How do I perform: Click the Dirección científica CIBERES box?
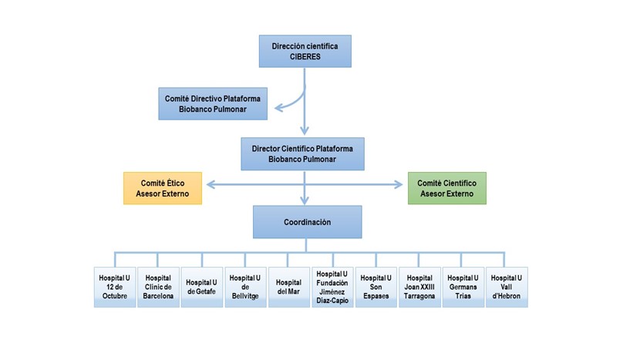click(305, 51)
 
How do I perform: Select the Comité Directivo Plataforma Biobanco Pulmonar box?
click(213, 103)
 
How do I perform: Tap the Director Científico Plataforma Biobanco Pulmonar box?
click(302, 154)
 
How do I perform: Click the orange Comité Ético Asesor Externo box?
click(163, 188)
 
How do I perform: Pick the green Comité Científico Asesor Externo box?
click(447, 188)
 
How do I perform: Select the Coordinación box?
click(308, 222)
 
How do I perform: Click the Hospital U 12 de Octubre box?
click(115, 287)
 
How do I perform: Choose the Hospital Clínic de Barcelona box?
click(158, 287)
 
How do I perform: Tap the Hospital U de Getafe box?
click(201, 287)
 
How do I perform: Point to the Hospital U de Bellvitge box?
click(245, 287)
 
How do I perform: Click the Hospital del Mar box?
click(288, 287)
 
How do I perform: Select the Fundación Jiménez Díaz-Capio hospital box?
click(332, 287)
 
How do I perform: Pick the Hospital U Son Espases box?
click(376, 287)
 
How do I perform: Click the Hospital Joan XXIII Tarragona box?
click(419, 287)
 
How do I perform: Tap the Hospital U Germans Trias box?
click(463, 287)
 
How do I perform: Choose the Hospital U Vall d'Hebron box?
click(507, 287)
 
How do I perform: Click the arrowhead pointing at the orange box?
click(211, 184)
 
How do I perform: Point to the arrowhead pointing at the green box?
click(399, 184)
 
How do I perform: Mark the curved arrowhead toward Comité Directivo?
click(279, 108)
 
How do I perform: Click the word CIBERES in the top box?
click(305, 57)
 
